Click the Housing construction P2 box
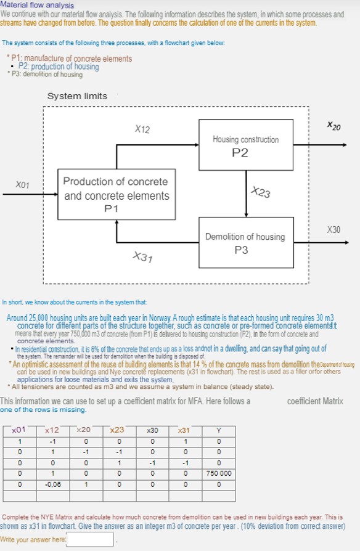[245, 145]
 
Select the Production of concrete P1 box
[116, 195]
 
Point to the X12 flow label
[142, 129]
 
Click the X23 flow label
[261, 192]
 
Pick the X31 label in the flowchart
[143, 257]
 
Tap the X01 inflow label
[22, 184]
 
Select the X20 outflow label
[334, 126]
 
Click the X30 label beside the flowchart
[333, 229]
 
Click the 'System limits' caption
[77, 96]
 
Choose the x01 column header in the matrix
[20, 430]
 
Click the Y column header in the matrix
[218, 430]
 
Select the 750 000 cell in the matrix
[218, 473]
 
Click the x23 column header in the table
[117, 430]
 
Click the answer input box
[90, 540]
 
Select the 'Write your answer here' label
[33, 540]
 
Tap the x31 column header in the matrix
[184, 430]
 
